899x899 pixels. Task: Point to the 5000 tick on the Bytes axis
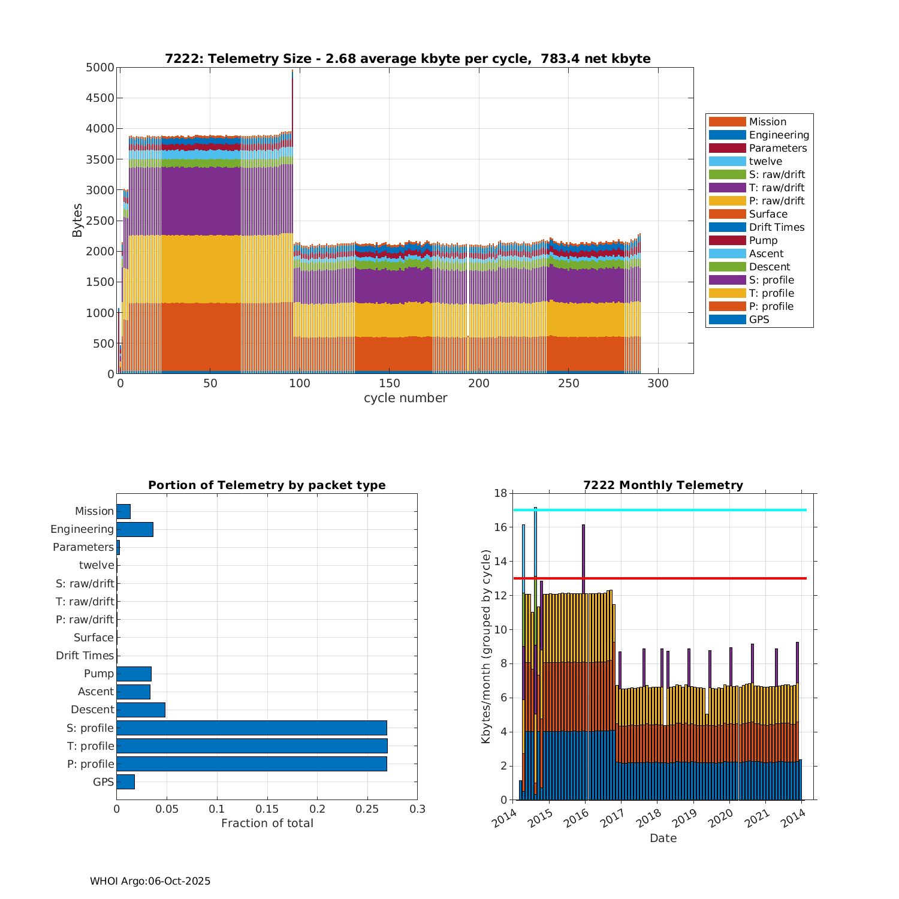100,68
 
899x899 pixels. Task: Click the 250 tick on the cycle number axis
568,384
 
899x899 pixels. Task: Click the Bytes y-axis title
77,221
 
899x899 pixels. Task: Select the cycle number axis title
405,398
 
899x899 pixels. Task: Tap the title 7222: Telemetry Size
408,59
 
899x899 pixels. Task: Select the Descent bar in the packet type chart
141,710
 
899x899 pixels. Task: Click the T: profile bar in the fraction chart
252,746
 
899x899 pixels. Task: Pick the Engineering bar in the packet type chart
135,529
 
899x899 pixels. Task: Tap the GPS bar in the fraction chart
125,782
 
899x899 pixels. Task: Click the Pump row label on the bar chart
99,674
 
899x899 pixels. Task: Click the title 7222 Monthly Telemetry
663,485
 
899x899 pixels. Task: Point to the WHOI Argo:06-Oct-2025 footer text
150,881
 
